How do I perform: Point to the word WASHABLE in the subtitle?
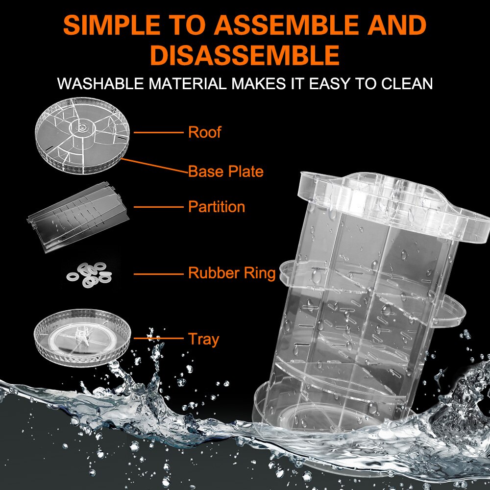[100, 83]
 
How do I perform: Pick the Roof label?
[204, 132]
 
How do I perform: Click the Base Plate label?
[226, 171]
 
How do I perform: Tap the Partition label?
[216, 207]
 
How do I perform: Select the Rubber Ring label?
[232, 273]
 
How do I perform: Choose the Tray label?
[203, 339]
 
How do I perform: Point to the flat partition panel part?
[78, 216]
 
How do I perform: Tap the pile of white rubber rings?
[88, 273]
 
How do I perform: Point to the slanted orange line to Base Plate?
[154, 165]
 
